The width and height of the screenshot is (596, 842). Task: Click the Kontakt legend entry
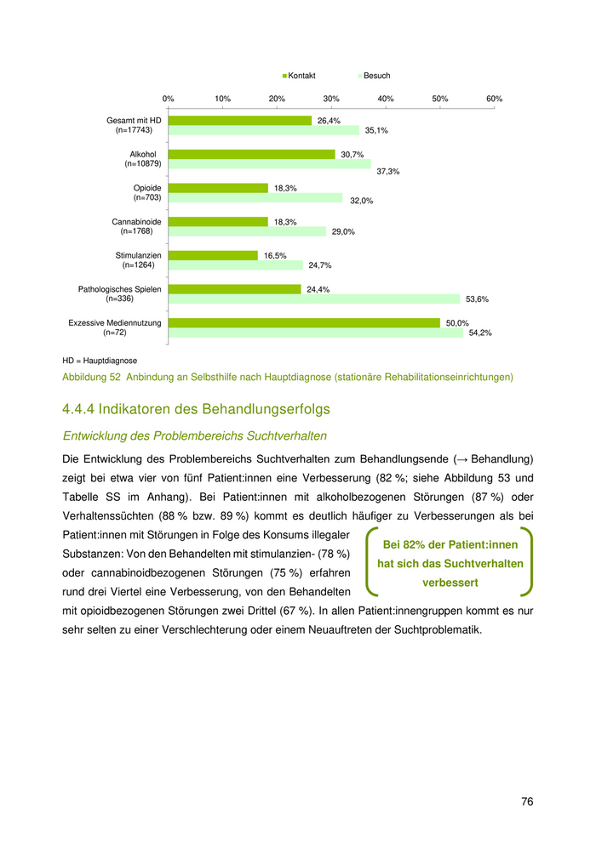[300, 76]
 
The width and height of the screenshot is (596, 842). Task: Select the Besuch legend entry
[375, 76]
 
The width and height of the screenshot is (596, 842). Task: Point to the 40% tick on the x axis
[386, 99]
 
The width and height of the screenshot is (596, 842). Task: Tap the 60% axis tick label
[494, 99]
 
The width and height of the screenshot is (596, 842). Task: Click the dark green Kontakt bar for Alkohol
[251, 154]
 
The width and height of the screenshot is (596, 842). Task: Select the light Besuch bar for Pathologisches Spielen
[313, 299]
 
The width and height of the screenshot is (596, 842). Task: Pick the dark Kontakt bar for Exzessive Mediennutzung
[304, 322]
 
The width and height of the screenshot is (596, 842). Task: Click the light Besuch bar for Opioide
[255, 197]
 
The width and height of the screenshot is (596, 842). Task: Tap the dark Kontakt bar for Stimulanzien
[213, 255]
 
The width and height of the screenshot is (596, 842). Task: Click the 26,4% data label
[329, 121]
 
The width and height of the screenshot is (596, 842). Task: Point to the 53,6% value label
[477, 299]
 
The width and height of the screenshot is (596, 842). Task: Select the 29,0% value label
[343, 231]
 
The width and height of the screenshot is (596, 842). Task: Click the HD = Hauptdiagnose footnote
[100, 361]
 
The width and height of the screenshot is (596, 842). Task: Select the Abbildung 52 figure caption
[288, 377]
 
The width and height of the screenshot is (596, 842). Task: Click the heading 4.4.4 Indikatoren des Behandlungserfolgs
[196, 409]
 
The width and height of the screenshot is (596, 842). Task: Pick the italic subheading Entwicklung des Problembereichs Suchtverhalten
[195, 436]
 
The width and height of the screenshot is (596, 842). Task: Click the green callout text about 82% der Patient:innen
[450, 563]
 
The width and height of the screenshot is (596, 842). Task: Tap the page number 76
[527, 801]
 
